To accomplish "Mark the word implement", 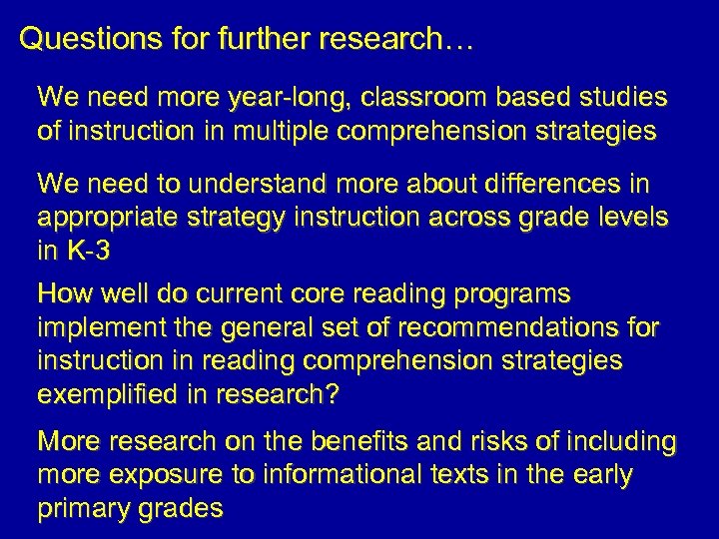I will [97, 328].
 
